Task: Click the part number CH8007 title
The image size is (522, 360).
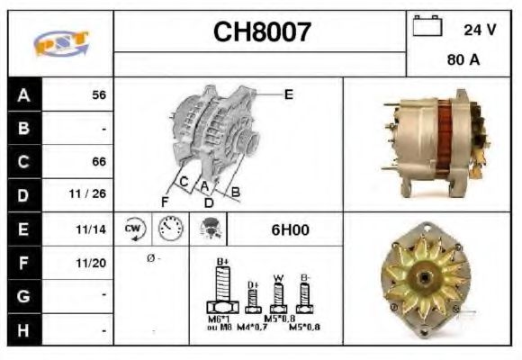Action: (x=261, y=32)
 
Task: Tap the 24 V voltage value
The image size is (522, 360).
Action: (x=480, y=30)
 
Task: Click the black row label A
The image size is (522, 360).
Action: (x=23, y=95)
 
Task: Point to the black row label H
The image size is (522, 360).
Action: (x=23, y=330)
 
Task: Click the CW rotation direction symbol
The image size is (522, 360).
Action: (x=133, y=229)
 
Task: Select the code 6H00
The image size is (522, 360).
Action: (x=290, y=229)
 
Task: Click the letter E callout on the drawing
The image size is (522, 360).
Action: (x=289, y=93)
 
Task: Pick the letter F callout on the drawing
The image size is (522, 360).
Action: (x=165, y=201)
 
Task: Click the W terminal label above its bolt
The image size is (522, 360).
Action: (x=279, y=276)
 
